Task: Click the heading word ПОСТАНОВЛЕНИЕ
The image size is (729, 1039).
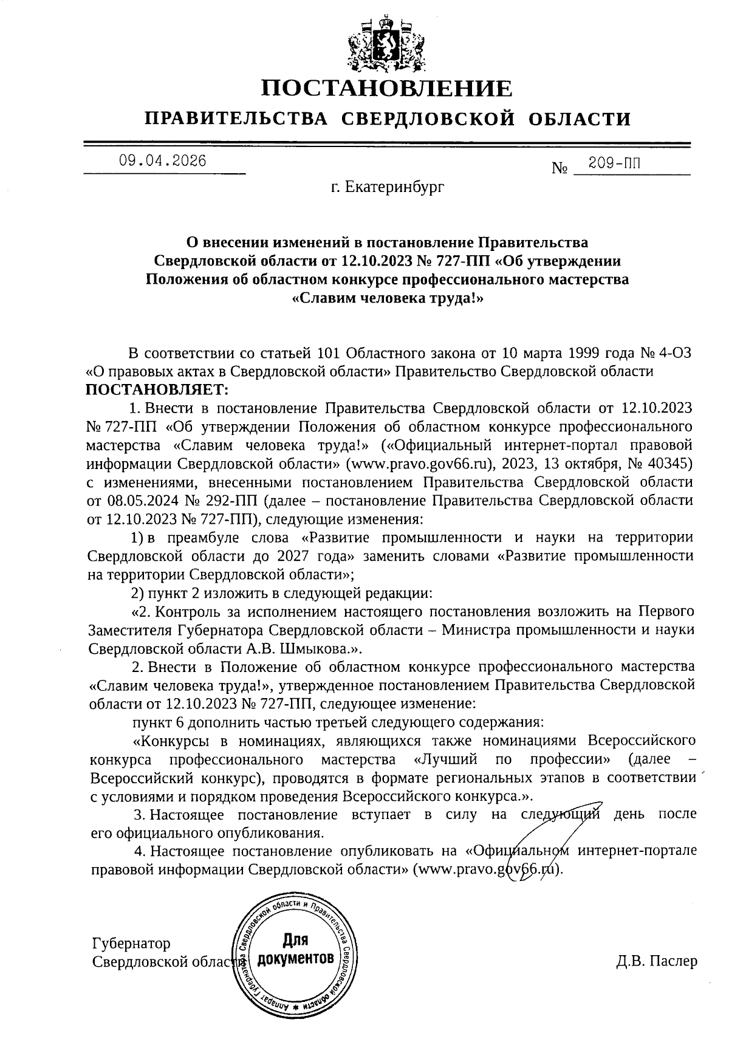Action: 386,89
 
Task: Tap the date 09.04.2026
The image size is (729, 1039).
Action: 162,161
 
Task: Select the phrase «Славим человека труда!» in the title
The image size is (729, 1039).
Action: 387,298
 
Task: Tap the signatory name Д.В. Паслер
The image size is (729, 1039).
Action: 656,961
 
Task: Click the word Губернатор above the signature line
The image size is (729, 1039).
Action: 131,943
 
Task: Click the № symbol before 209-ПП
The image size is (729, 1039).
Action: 560,168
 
